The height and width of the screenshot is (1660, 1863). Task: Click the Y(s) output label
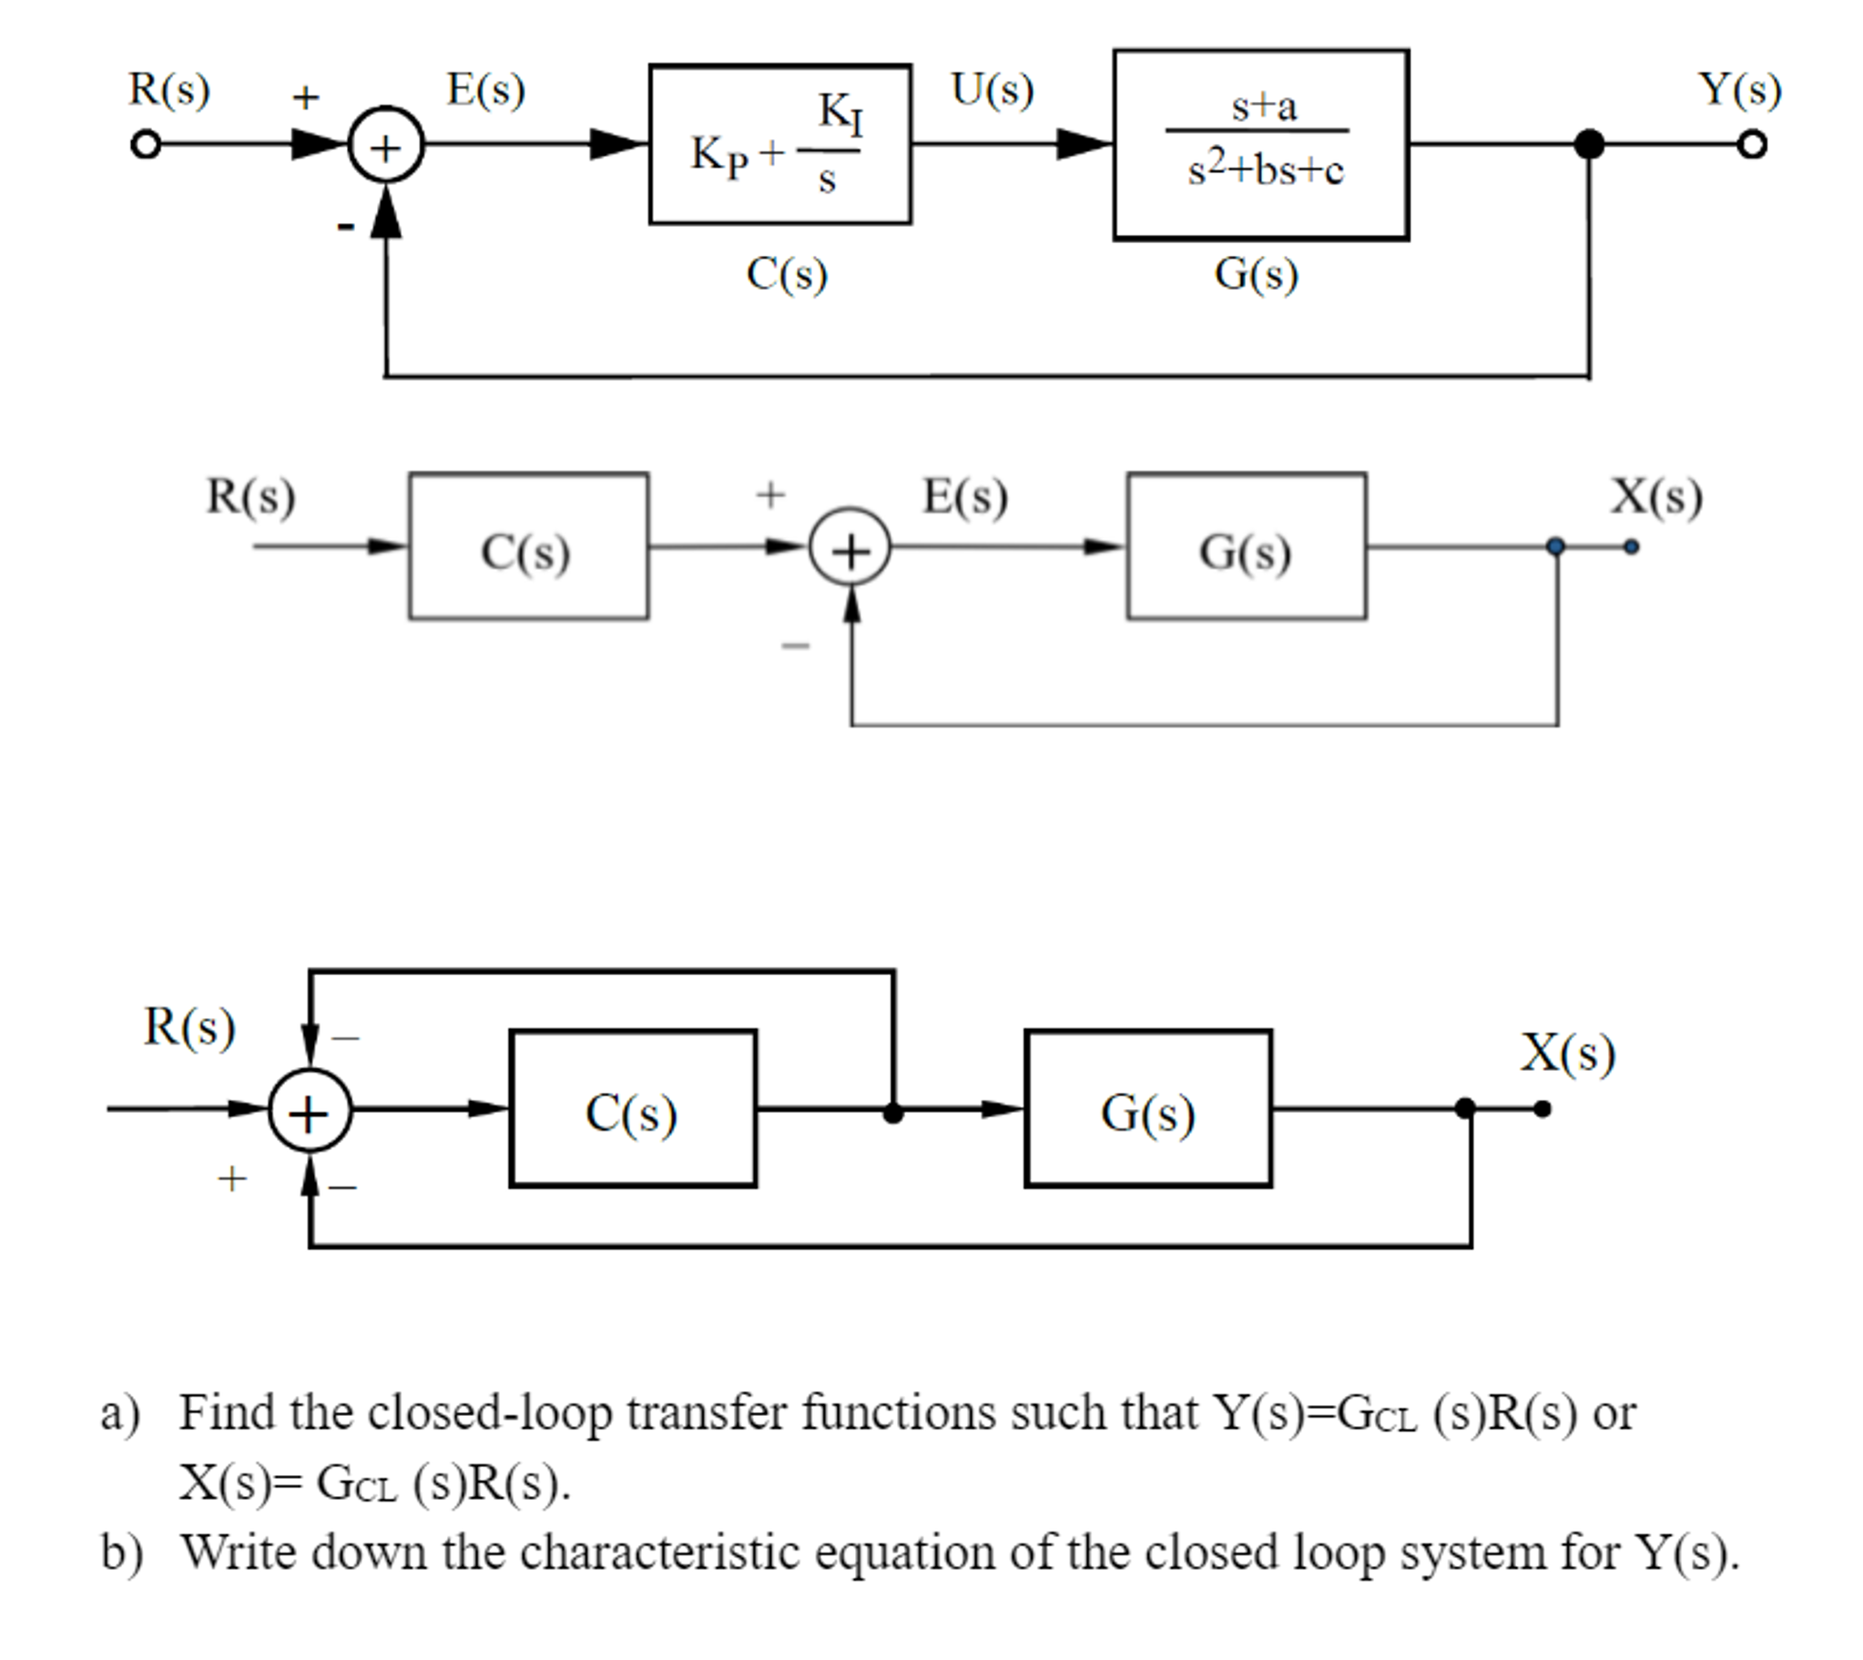coord(1739,89)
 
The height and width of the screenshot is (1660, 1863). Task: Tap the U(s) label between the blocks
coord(993,89)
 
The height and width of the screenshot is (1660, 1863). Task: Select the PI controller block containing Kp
coord(779,144)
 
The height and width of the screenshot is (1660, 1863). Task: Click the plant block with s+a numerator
coord(1260,145)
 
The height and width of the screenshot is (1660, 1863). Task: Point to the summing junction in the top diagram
coord(386,146)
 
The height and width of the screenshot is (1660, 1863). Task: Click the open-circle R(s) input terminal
coord(146,145)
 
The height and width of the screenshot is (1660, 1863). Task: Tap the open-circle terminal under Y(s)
coord(1752,145)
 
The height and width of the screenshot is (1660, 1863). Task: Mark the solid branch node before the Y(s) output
coord(1590,144)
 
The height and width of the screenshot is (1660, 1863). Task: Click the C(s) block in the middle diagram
coord(528,545)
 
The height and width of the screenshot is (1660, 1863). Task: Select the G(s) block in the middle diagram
coord(1246,545)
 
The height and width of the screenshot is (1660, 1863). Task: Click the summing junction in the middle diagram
coord(850,547)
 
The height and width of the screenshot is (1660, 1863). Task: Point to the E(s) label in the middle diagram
coord(965,496)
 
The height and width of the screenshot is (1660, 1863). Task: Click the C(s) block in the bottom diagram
coord(633,1108)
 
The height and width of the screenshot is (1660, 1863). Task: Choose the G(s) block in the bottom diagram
coord(1148,1108)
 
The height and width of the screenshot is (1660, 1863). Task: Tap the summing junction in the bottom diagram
coord(309,1110)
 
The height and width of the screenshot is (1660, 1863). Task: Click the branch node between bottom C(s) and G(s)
coord(893,1113)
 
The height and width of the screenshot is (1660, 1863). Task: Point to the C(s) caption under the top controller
coord(786,272)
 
